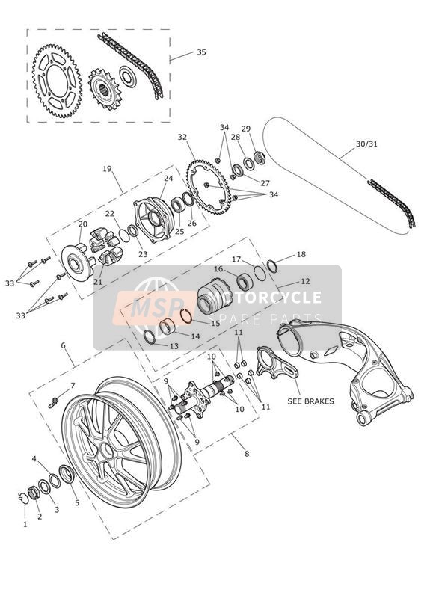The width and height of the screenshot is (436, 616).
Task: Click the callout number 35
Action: (201, 52)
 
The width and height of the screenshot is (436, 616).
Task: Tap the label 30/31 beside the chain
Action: (366, 144)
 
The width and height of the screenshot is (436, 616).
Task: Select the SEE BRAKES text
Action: (310, 401)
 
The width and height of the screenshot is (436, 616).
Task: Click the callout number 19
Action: (107, 169)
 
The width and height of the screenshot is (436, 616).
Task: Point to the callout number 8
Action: (247, 453)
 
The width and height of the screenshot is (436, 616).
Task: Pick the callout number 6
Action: (63, 345)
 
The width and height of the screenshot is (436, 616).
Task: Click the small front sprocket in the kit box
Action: (104, 90)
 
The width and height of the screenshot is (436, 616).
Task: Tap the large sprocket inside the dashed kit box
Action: (58, 81)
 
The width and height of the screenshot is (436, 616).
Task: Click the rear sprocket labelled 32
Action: (209, 187)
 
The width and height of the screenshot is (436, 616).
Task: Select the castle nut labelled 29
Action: (260, 158)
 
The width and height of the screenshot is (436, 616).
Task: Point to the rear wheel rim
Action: (122, 441)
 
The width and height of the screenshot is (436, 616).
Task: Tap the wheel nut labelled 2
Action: (34, 493)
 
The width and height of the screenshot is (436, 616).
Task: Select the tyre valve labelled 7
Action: (53, 402)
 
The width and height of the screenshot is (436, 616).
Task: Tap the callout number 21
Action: (97, 281)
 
